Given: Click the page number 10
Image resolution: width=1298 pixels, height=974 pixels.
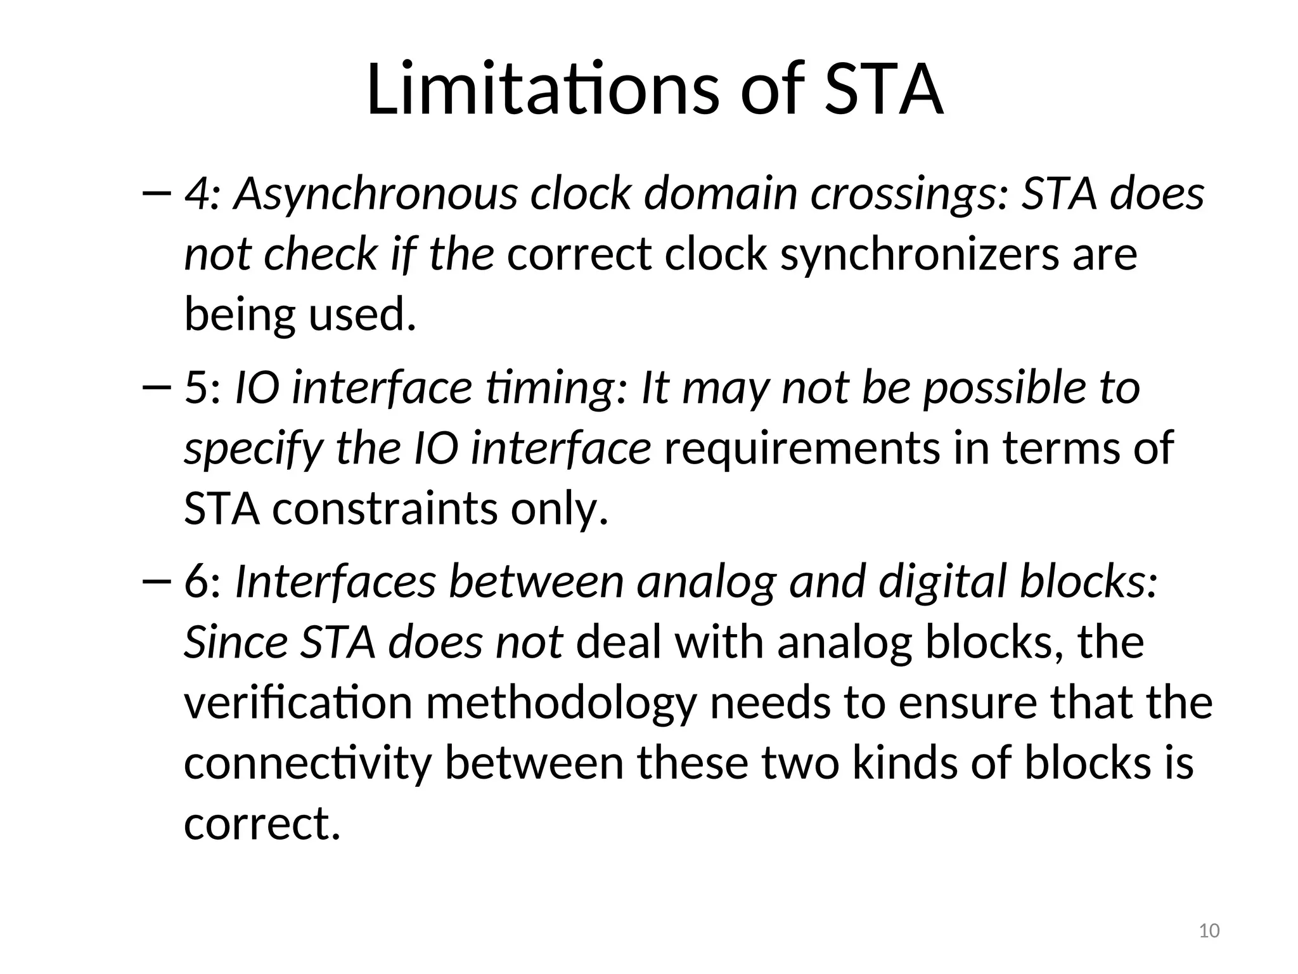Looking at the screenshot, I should click(1209, 931).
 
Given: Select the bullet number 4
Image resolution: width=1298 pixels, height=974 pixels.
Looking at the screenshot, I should click(196, 193).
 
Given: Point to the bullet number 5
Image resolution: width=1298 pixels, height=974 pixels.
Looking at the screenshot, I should click(196, 387).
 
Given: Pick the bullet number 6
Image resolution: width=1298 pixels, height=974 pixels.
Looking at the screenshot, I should click(197, 581).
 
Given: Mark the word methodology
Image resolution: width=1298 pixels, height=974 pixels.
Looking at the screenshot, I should click(562, 704).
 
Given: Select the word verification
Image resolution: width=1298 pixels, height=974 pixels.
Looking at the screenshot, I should click(298, 703).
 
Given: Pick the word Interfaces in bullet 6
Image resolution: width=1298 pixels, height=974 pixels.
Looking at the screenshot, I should click(335, 581).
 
